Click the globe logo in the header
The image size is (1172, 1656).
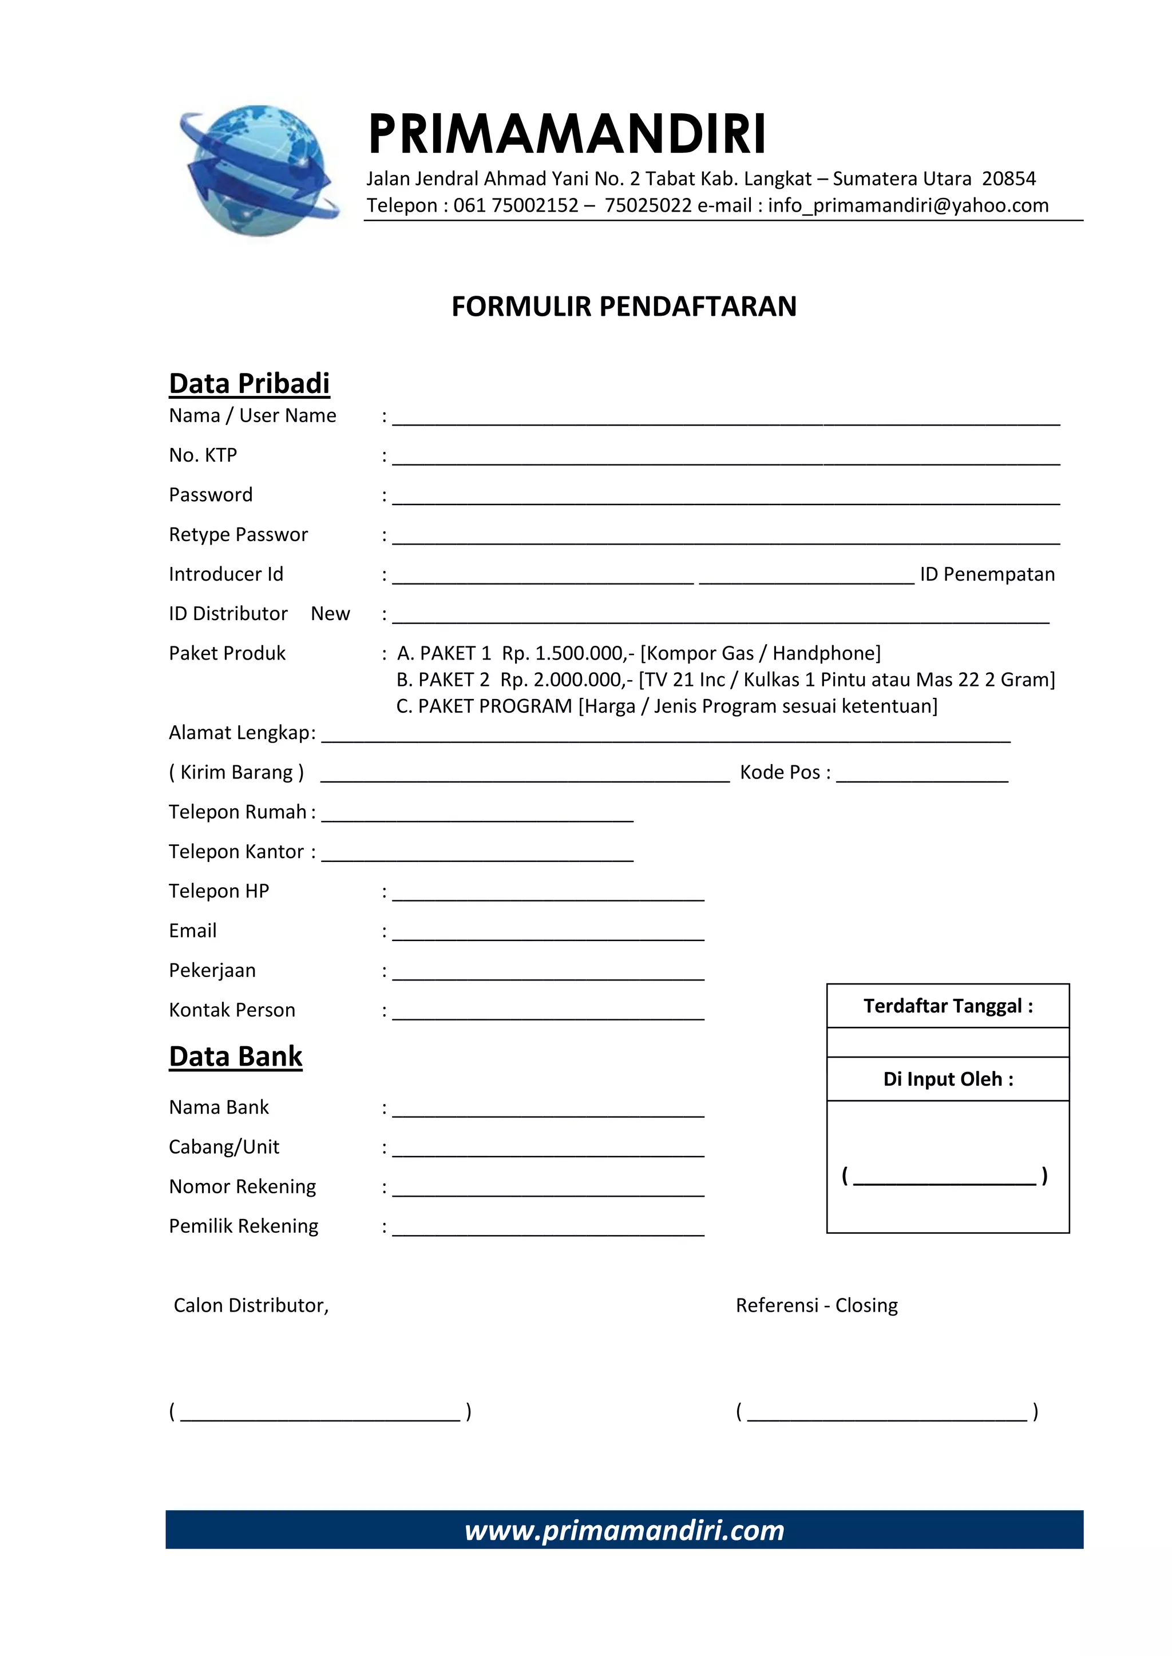[x=258, y=170]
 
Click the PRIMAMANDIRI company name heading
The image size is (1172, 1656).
[x=567, y=134]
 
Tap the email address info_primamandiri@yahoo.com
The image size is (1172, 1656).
[x=908, y=205]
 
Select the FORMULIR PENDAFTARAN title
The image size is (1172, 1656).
[x=624, y=307]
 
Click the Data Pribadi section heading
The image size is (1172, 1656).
[x=249, y=384]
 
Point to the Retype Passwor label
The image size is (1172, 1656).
[x=238, y=534]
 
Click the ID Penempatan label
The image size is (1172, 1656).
[x=987, y=574]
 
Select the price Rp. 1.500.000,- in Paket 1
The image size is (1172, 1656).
[x=568, y=653]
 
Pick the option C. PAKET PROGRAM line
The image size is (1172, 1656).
[x=666, y=706]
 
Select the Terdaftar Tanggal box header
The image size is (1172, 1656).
[x=948, y=1006]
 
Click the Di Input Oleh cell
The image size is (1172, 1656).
[x=948, y=1079]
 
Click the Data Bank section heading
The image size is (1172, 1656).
[x=235, y=1057]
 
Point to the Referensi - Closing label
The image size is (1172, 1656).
[x=816, y=1305]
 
